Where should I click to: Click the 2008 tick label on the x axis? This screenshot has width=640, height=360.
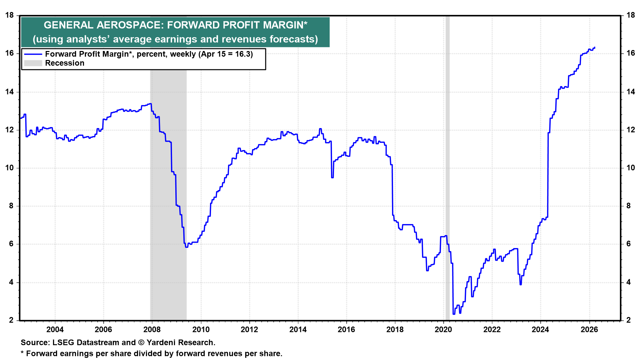coord(152,330)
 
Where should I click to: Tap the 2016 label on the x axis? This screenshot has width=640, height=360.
coord(346,330)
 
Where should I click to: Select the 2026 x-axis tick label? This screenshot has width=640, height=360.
coord(589,330)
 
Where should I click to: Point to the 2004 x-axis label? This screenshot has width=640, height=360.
coord(55,330)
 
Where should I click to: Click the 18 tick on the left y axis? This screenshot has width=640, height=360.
coord(10,15)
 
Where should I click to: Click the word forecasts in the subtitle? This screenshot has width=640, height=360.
coord(293,39)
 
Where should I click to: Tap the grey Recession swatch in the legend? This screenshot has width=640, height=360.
coord(33,63)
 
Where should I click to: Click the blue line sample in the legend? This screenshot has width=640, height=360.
coord(33,54)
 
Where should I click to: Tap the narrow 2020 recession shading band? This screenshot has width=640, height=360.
coord(447,167)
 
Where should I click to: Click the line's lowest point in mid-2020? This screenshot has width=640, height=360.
coord(454,314)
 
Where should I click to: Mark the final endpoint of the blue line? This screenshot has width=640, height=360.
coord(595,48)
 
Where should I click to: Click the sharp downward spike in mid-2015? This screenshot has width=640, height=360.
coord(332,177)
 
